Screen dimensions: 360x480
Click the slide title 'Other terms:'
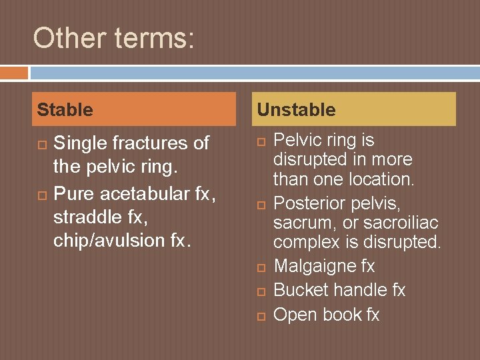pos(113,38)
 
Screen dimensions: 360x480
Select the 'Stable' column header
pos(65,110)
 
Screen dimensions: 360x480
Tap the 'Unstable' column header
pos(296,110)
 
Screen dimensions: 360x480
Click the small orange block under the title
pos(14,72)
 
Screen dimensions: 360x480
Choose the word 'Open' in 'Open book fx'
pos(295,314)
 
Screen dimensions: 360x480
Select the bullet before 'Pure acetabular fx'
pos(41,194)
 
